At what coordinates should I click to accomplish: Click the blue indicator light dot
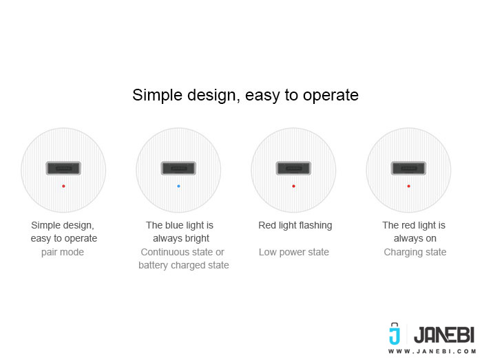click(178, 186)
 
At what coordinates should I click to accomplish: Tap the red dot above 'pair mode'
click(63, 186)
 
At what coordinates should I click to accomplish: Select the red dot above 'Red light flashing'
click(293, 186)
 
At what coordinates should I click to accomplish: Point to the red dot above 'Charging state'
click(408, 186)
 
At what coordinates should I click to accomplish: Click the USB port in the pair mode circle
click(63, 168)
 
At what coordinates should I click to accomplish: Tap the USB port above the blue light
click(178, 168)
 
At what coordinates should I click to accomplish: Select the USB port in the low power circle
click(293, 168)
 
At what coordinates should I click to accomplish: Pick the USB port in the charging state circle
click(408, 168)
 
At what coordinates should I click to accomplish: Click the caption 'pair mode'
click(63, 252)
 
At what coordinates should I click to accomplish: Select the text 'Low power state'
click(294, 252)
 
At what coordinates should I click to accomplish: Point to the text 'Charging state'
click(415, 252)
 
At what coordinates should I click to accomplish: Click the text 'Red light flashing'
click(295, 226)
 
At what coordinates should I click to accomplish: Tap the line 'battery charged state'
click(184, 265)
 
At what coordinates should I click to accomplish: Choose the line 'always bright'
click(181, 238)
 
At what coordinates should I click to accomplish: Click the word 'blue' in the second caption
click(174, 225)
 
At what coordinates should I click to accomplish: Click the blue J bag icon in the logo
click(395, 334)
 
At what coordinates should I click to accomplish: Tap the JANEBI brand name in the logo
click(444, 335)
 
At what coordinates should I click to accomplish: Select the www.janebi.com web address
click(432, 352)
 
